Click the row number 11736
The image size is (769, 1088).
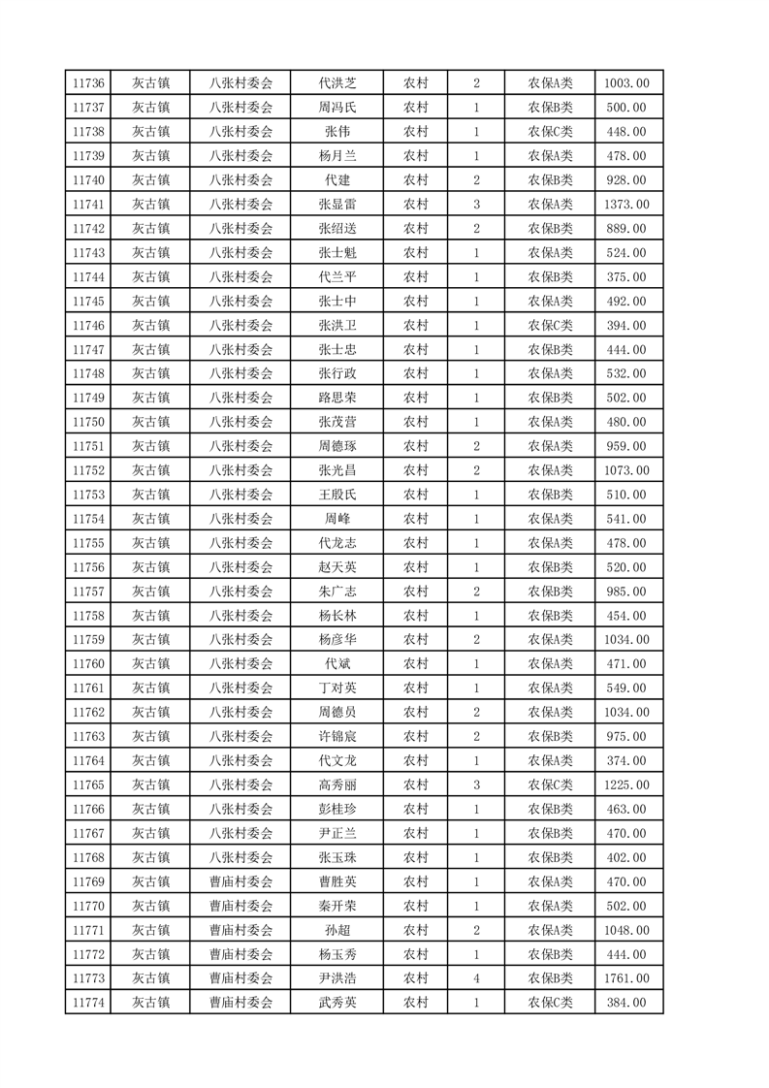point(88,83)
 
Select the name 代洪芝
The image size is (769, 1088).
point(337,83)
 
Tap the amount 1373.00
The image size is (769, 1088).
point(626,205)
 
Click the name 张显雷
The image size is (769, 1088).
point(337,205)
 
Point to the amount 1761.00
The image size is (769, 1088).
point(626,979)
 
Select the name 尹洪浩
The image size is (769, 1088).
point(337,979)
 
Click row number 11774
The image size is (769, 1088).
point(88,1004)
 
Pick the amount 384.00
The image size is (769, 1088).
point(626,1004)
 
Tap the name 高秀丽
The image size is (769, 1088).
point(337,785)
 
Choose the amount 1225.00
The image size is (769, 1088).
point(626,785)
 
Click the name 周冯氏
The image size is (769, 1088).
point(337,108)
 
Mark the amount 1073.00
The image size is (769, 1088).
point(626,471)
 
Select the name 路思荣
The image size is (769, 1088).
point(337,399)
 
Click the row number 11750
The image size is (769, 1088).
point(88,423)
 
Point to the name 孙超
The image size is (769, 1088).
point(337,931)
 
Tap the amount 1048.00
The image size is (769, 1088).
point(626,931)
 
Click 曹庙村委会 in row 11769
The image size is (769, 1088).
point(241,882)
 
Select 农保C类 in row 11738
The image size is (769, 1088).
point(550,132)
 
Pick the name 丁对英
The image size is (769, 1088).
point(337,688)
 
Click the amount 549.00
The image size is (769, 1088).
point(626,688)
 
